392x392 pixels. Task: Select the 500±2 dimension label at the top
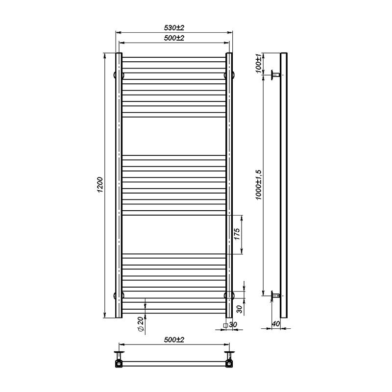pos(173,38)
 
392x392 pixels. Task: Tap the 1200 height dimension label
pos(100,185)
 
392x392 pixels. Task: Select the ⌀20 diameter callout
pos(141,325)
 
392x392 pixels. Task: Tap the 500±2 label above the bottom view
pos(173,339)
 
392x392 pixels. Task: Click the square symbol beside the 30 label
pos(225,325)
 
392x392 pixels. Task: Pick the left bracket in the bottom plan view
pos(119,359)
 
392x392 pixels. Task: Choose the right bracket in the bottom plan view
pos(229,359)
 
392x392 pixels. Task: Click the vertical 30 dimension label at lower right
pos(239,308)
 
